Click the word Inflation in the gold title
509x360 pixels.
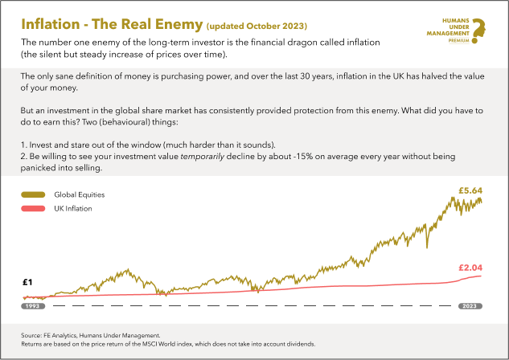tap(51, 24)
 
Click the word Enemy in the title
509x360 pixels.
tap(179, 25)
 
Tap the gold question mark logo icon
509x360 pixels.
tap(478, 31)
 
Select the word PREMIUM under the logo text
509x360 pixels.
tap(458, 40)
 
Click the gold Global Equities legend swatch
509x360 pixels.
tap(33, 194)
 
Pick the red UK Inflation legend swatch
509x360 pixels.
tap(33, 209)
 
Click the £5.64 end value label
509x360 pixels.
tap(470, 190)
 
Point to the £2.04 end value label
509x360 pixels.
tap(470, 268)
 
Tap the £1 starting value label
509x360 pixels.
tap(27, 282)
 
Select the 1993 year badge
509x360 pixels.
tap(33, 306)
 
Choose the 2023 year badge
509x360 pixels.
tap(470, 306)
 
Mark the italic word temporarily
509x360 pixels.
tap(203, 157)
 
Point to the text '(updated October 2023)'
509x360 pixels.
tap(257, 26)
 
